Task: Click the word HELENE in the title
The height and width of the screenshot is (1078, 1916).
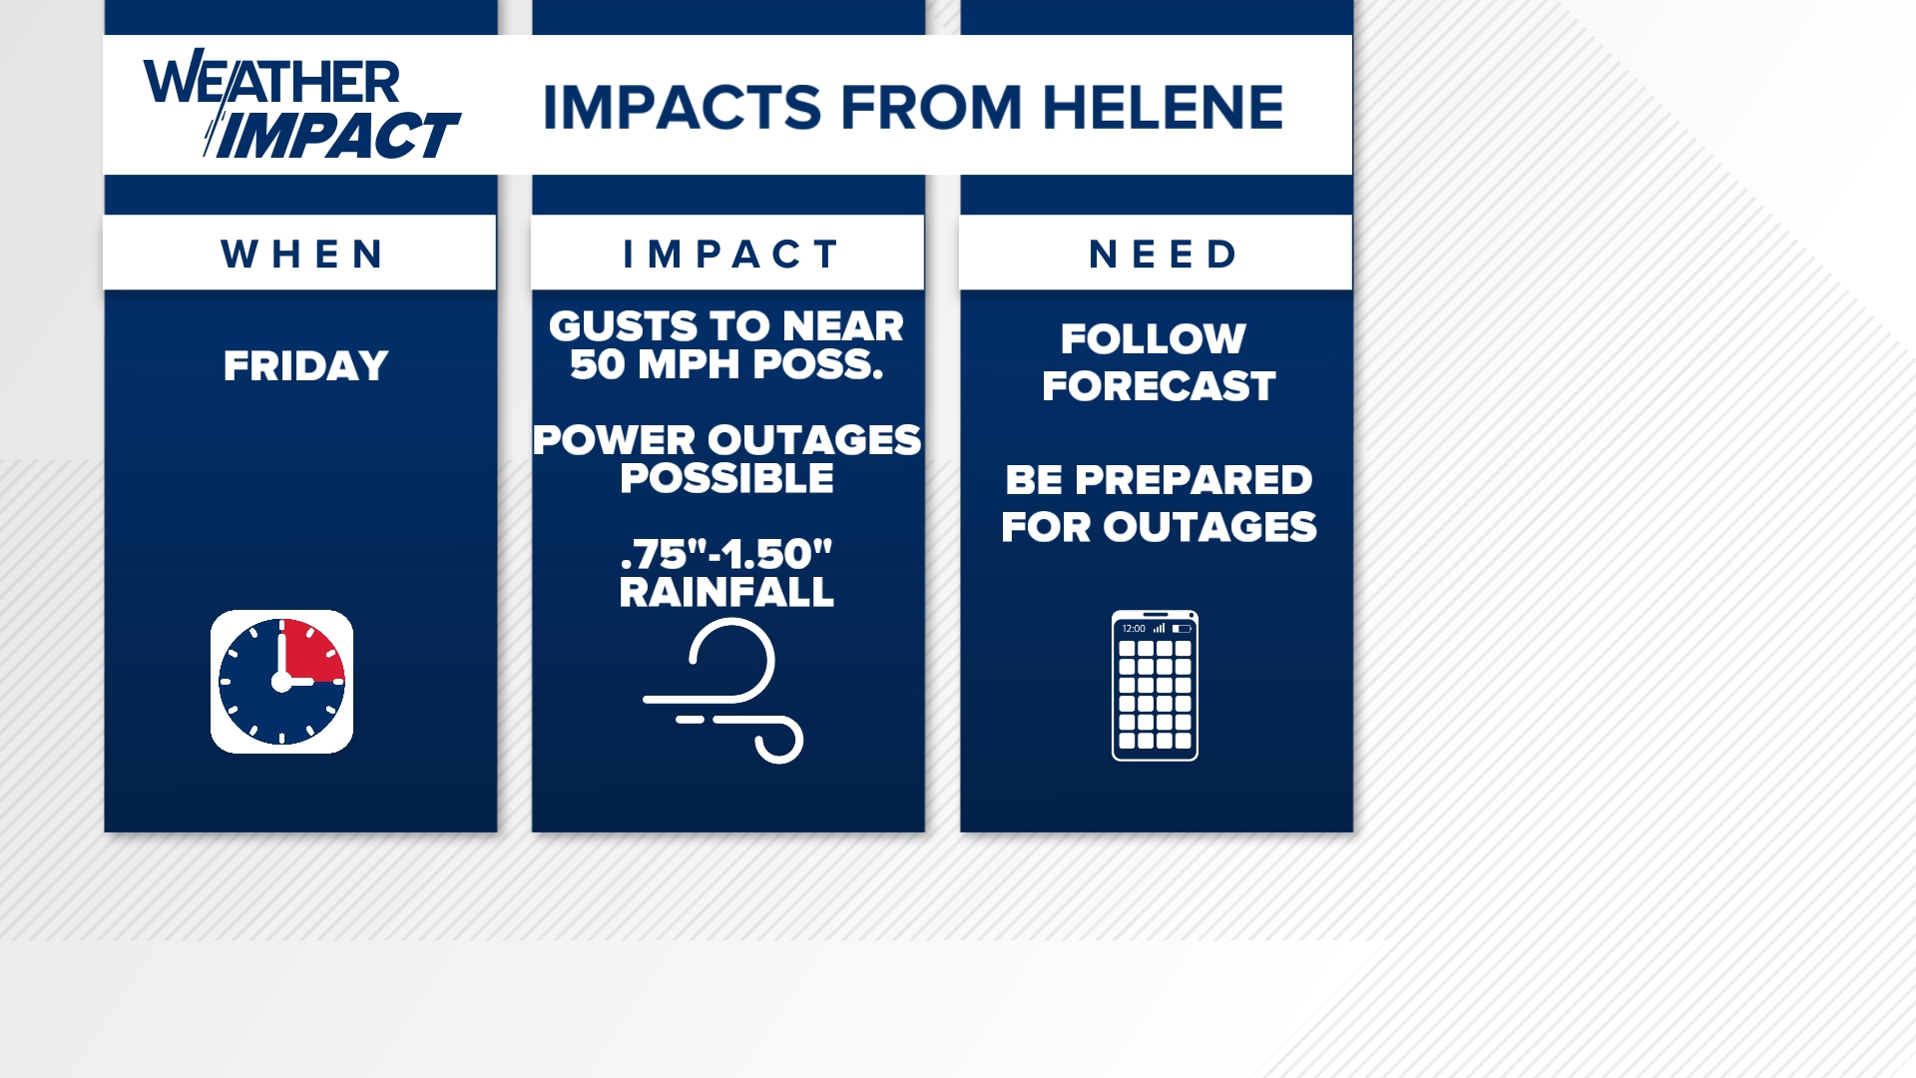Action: coord(1163,108)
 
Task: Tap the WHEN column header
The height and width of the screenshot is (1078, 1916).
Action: coord(301,255)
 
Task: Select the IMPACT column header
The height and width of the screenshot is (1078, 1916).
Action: coord(728,255)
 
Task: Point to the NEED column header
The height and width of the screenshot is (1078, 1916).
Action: coord(1163,255)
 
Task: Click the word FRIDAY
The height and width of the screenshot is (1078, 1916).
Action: coord(305,366)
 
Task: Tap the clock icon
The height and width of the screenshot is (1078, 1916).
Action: coord(281,682)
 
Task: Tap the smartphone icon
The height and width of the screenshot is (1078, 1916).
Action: coord(1155,686)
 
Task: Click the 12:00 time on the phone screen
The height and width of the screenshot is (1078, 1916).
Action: coord(1134,629)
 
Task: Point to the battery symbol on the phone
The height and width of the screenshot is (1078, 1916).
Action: coord(1182,629)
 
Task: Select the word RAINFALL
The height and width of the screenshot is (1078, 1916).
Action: coord(726,593)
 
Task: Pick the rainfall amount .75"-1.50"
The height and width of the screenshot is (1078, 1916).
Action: coord(726,554)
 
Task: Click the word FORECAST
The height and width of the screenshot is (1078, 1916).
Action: coord(1159,386)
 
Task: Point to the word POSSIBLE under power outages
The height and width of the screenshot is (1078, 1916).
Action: coord(726,479)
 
